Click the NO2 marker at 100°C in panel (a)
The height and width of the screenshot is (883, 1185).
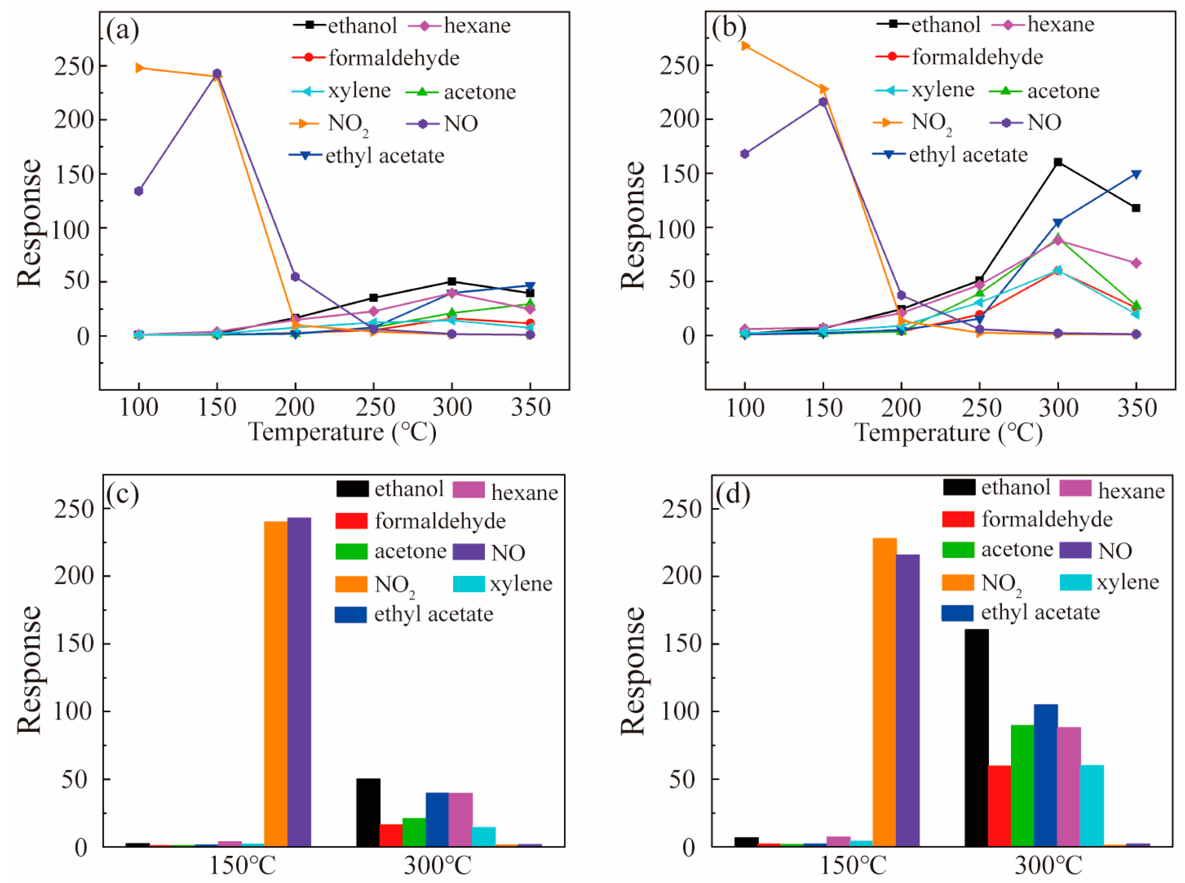pyautogui.click(x=139, y=68)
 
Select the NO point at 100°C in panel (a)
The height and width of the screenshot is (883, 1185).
pyautogui.click(x=139, y=191)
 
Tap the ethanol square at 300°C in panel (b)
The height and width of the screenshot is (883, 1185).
pyautogui.click(x=1057, y=162)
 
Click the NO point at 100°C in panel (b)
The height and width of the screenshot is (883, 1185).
pyautogui.click(x=745, y=154)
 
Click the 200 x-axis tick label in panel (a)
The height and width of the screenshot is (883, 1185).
pyautogui.click(x=295, y=407)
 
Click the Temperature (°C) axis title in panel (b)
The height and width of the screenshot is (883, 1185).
pyautogui.click(x=948, y=432)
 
